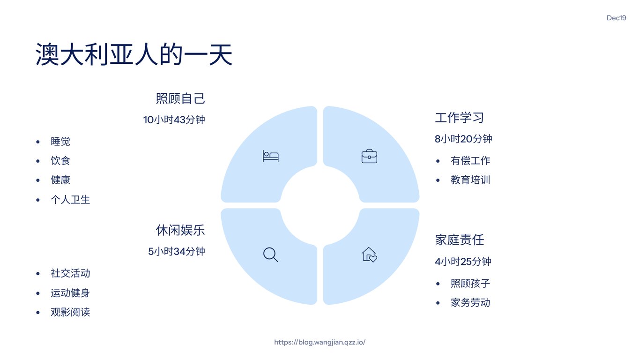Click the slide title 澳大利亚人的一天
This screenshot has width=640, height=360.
point(134,55)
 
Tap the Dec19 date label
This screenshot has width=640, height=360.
point(616,18)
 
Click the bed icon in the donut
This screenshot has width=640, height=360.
point(271,156)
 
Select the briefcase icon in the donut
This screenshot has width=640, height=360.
point(369,156)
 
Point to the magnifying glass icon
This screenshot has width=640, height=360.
point(271,255)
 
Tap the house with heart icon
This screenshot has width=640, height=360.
point(369,255)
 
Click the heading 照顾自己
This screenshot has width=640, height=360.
point(180,99)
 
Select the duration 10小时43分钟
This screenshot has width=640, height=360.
point(174,120)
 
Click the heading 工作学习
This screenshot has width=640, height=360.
point(459,118)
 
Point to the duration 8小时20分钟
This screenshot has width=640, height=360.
point(463,139)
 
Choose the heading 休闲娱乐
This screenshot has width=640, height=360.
point(180,230)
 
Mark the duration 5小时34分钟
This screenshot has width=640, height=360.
point(177,252)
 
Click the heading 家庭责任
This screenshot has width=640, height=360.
point(459,240)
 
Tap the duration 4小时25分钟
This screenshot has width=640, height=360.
point(463,262)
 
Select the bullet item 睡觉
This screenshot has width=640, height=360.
point(60,142)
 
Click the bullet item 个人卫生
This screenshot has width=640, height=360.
point(70,200)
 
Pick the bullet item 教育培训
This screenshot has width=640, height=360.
point(470,180)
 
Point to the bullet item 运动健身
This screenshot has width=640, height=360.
point(70,293)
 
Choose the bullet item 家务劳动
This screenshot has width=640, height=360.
point(470,303)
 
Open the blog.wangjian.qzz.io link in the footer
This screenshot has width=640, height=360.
point(320,342)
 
